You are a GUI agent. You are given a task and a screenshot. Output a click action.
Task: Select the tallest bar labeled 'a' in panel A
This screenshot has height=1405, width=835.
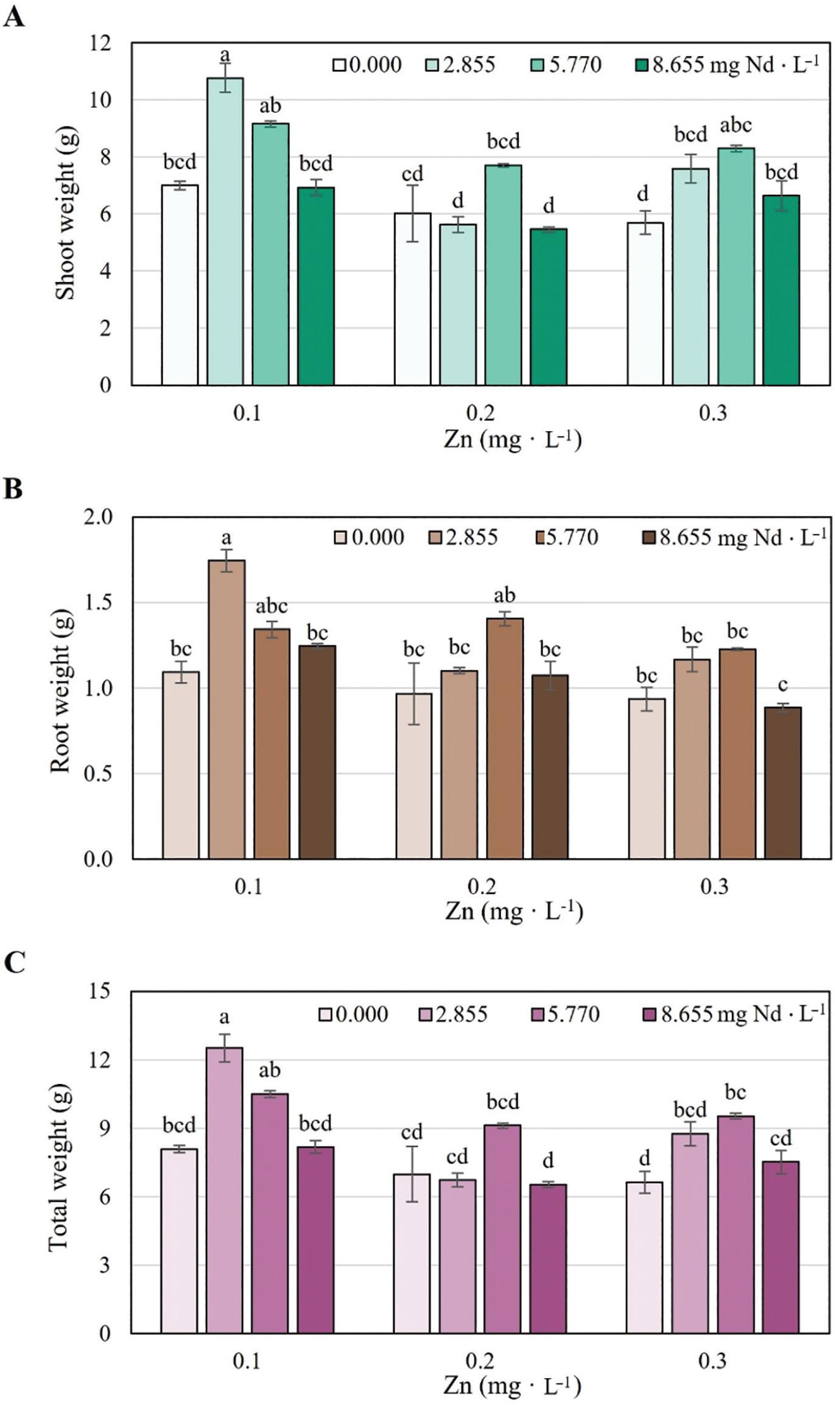225,231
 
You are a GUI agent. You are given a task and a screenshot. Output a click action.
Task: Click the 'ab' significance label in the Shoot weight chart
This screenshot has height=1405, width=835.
270,106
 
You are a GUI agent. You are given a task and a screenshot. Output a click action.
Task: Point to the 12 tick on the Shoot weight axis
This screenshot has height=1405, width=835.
100,43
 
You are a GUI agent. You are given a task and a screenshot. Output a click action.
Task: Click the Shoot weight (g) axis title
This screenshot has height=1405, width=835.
65,214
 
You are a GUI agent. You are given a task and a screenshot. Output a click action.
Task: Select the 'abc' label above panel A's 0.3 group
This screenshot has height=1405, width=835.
736,125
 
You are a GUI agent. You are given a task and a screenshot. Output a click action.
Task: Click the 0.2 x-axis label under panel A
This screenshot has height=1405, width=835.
480,414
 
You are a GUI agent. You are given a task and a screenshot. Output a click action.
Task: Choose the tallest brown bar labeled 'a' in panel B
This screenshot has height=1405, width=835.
227,710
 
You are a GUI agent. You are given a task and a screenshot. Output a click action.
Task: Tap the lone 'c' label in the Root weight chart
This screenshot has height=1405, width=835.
783,685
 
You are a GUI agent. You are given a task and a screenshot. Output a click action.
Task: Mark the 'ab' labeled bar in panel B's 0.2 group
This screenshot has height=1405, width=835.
505,738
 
